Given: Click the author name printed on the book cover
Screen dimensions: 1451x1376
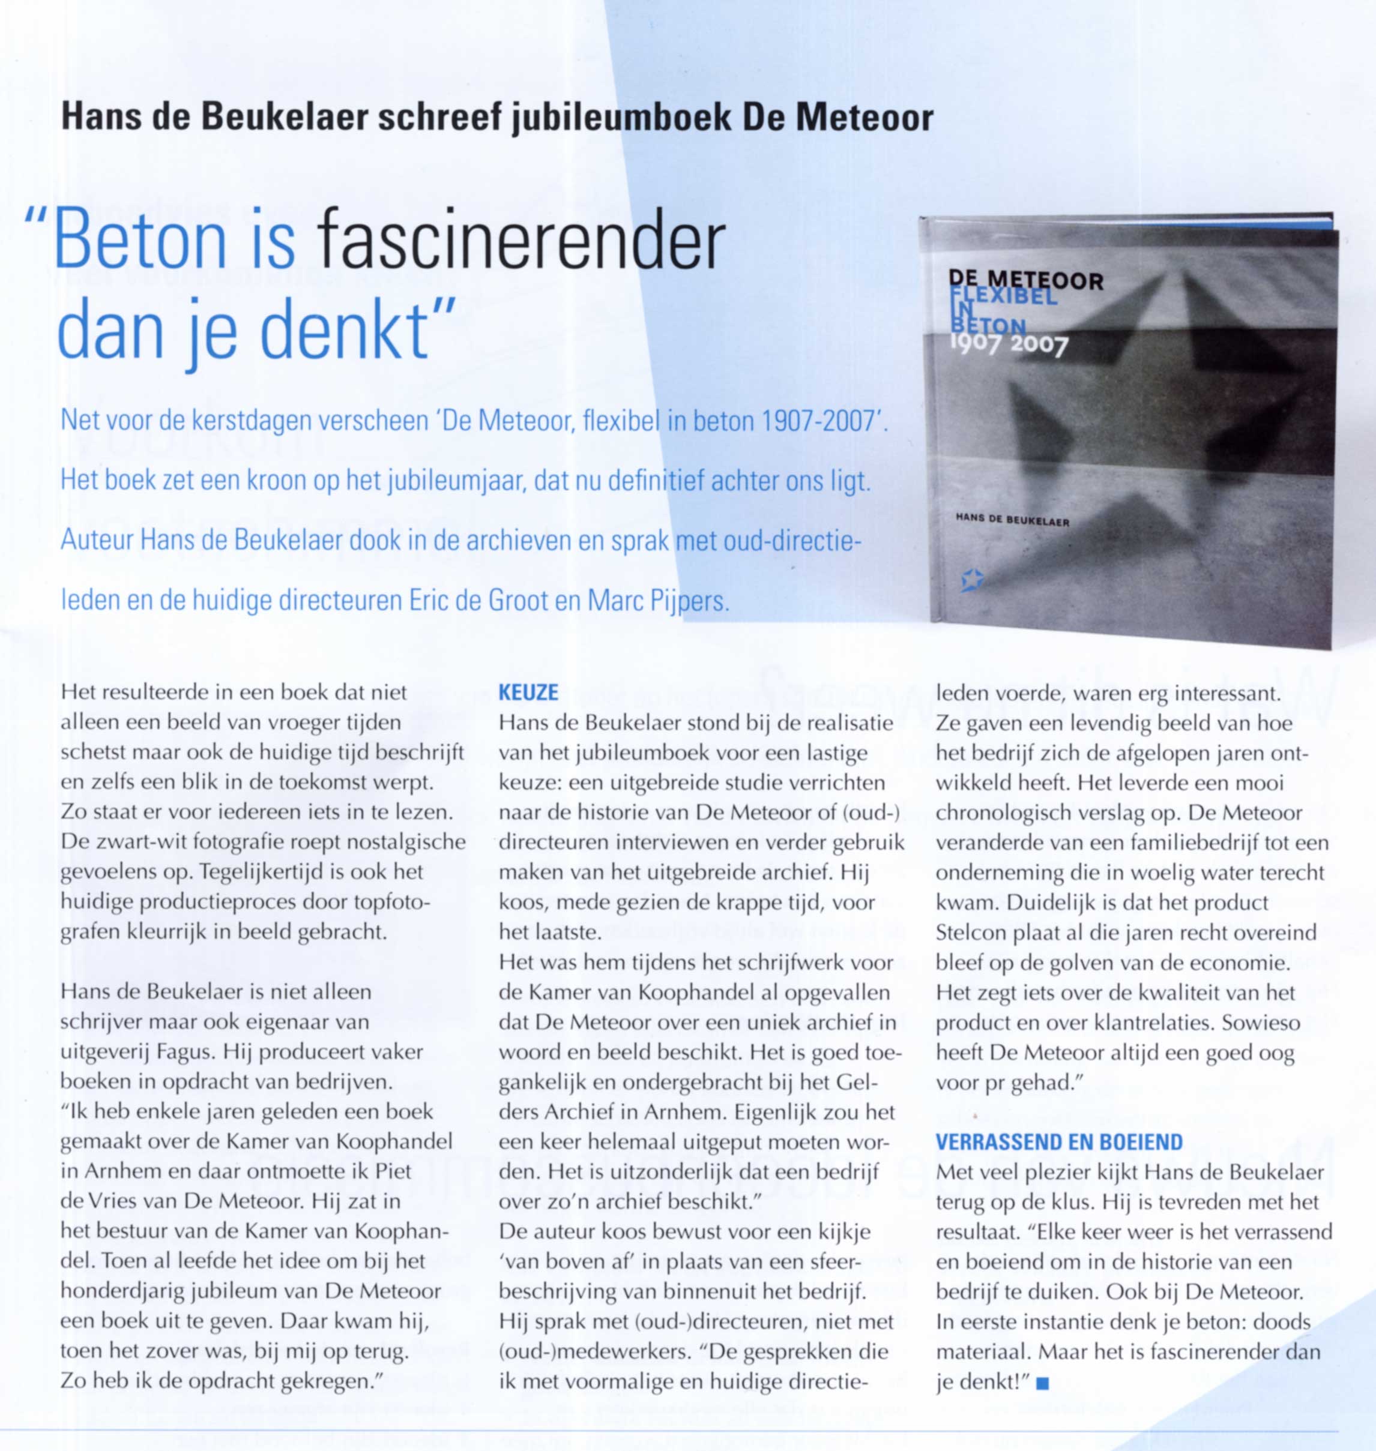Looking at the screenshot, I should (1012, 521).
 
